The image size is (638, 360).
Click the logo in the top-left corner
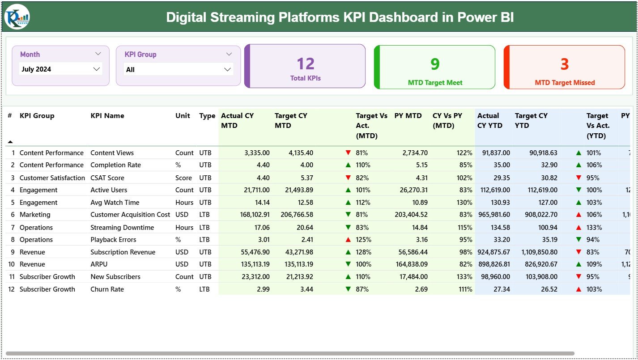click(17, 17)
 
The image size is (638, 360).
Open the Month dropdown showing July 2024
click(61, 69)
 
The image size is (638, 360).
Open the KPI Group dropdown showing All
click(178, 69)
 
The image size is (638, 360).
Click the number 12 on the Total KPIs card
click(306, 64)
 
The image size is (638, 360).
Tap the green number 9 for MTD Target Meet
click(435, 64)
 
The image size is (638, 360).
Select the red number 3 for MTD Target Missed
click(564, 64)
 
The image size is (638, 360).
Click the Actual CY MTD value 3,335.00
click(257, 153)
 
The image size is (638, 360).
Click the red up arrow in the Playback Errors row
click(348, 240)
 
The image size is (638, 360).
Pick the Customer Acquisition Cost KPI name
click(130, 215)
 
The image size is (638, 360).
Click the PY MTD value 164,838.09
click(412, 264)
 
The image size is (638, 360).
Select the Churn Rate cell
click(107, 289)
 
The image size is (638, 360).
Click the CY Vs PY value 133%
click(464, 277)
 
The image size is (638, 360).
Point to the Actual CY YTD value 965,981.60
click(493, 215)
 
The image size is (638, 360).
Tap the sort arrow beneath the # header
click(10, 142)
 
